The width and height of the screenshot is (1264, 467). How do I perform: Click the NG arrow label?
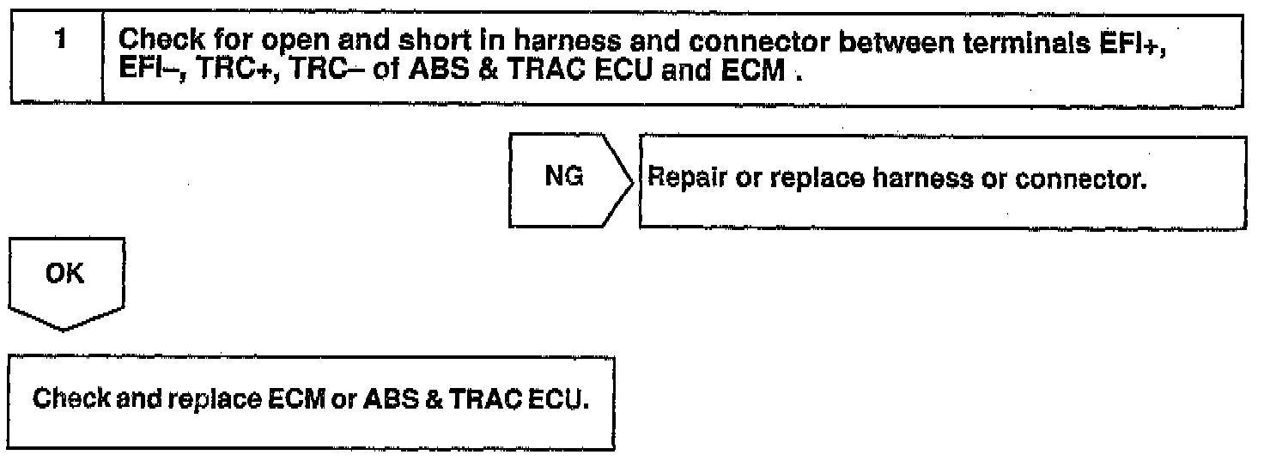[564, 179]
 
